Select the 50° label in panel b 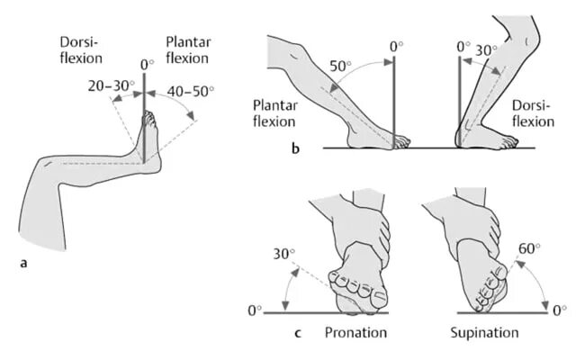coord(340,66)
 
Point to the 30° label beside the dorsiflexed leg coord(487,50)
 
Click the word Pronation coord(355,333)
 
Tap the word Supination coord(484,333)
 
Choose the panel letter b coord(295,149)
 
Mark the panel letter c coord(297,333)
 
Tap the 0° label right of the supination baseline coord(559,310)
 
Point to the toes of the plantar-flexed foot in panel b coord(401,142)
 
